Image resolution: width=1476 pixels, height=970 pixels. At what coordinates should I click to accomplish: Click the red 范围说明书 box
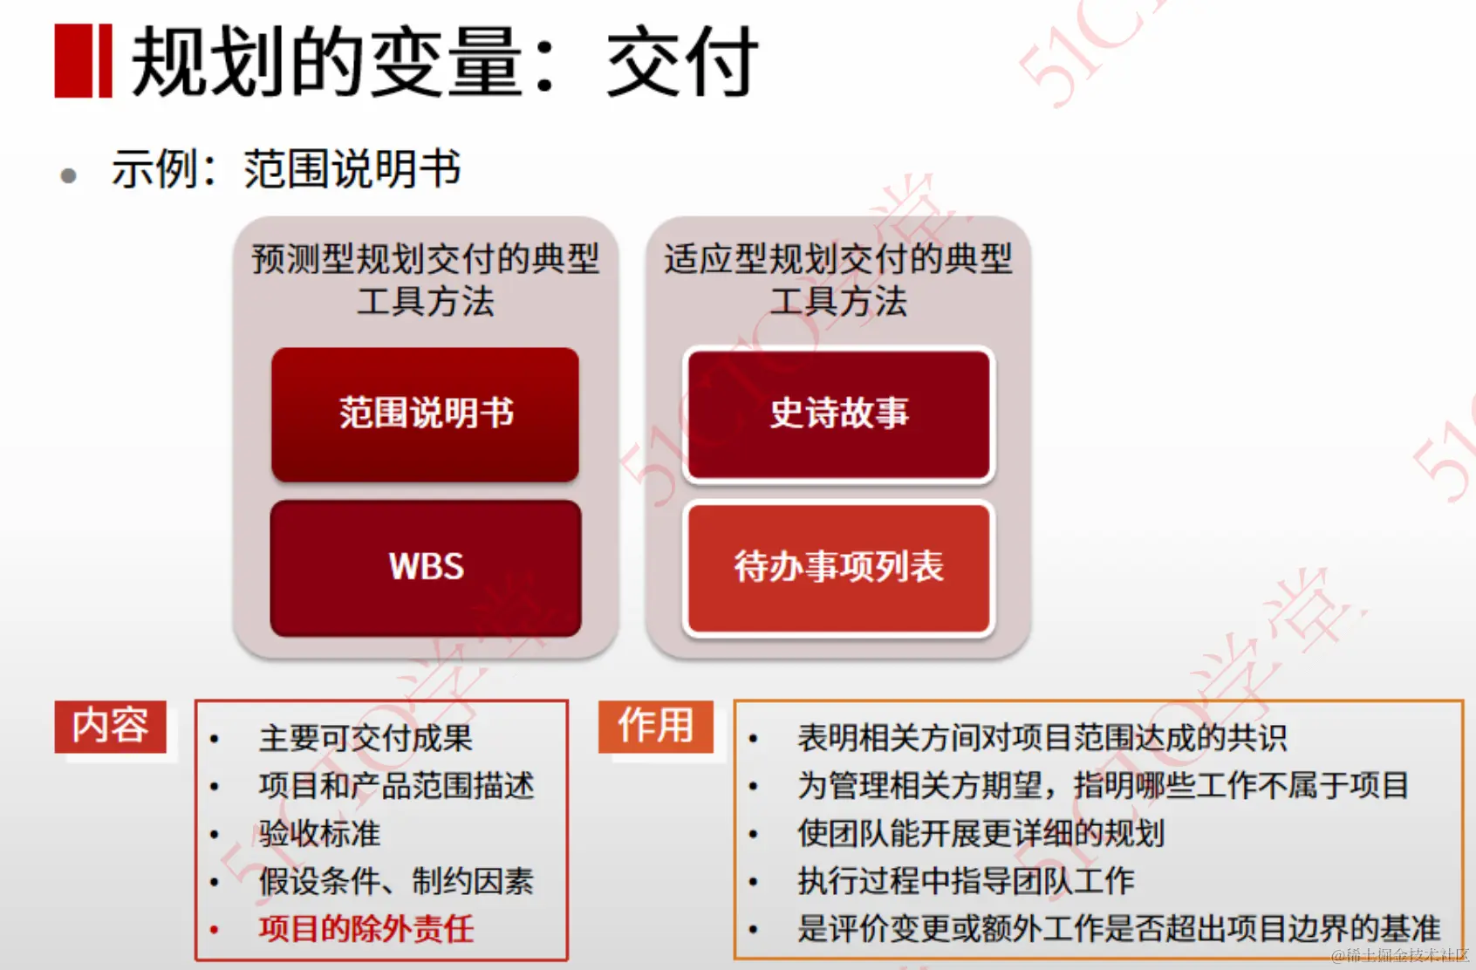pos(426,414)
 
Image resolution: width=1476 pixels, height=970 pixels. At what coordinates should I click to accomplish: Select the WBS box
pos(426,567)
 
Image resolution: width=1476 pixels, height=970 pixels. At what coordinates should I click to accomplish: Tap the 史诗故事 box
pos(839,414)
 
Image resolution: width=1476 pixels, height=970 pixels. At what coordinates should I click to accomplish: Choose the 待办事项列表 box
pos(839,567)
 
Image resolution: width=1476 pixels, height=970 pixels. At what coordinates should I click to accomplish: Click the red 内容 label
pos(111,726)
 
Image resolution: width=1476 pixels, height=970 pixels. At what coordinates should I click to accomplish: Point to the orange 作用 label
pos(655,726)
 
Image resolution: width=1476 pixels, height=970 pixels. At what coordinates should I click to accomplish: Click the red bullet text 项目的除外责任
pos(366,928)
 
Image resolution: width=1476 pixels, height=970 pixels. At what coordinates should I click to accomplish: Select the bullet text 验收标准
pos(319,833)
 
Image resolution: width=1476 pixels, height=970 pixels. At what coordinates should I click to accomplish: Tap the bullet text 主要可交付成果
pos(366,738)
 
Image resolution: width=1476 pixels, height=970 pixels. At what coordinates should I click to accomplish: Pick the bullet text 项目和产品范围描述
pos(396,785)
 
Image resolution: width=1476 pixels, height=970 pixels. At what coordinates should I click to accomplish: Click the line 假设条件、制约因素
pos(396,881)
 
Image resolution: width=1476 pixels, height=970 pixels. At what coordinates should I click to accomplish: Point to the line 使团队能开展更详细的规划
pos(981,833)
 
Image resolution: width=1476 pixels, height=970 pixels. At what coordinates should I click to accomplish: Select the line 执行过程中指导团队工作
pos(966,881)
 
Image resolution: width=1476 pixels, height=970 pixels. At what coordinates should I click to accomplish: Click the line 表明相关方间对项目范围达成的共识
pos(1042,738)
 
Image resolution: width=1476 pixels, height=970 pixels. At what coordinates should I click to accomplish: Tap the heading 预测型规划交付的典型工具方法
pos(426,279)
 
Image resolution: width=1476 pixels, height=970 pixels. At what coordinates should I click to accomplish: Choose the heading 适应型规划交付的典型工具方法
pos(838,279)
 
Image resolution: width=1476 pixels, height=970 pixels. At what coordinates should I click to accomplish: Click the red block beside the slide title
pos(83,60)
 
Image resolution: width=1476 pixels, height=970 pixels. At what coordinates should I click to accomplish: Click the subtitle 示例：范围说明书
pos(286,168)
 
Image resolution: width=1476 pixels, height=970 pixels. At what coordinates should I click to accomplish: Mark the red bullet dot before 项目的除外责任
pos(215,929)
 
